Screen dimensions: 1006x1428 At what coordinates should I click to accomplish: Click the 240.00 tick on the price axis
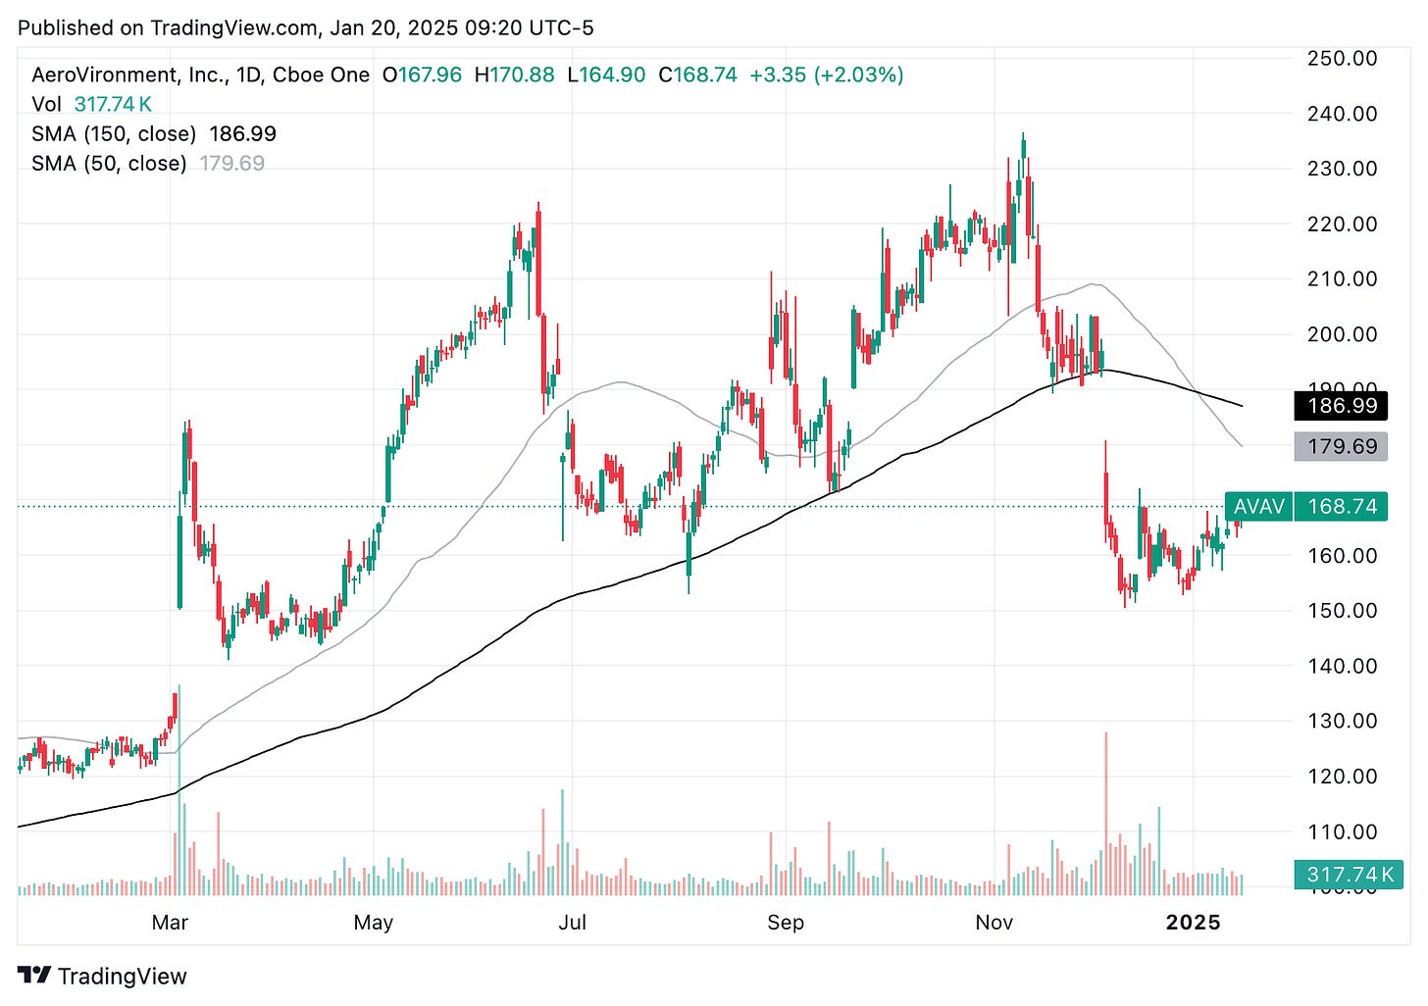[x=1342, y=114]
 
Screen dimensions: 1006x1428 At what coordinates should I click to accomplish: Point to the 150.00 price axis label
[x=1342, y=610]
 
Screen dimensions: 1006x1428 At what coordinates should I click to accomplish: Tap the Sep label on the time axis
[x=786, y=923]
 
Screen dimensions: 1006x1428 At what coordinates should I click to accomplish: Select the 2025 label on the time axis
[x=1193, y=923]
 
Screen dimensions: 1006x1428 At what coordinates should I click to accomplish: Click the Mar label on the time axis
[x=170, y=923]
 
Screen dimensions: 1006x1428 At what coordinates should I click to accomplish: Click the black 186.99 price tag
[x=1341, y=406]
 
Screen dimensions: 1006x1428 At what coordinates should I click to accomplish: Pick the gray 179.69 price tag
[x=1341, y=446]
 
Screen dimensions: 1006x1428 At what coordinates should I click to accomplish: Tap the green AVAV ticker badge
[x=1258, y=506]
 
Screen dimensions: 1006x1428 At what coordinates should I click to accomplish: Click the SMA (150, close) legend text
[x=114, y=133]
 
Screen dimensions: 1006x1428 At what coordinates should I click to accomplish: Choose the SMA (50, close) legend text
[x=109, y=163]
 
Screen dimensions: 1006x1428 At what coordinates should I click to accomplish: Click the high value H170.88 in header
[x=514, y=75]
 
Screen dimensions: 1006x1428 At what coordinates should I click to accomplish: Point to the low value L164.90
[x=606, y=75]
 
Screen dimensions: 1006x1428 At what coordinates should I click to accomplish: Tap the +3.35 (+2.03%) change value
[x=826, y=75]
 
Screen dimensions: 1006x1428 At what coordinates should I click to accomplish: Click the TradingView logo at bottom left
[x=102, y=976]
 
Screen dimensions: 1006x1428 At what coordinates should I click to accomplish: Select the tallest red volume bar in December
[x=1106, y=814]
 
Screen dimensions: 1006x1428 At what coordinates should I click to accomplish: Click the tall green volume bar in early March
[x=178, y=790]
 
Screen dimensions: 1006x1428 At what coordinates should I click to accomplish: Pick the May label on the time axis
[x=373, y=923]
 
